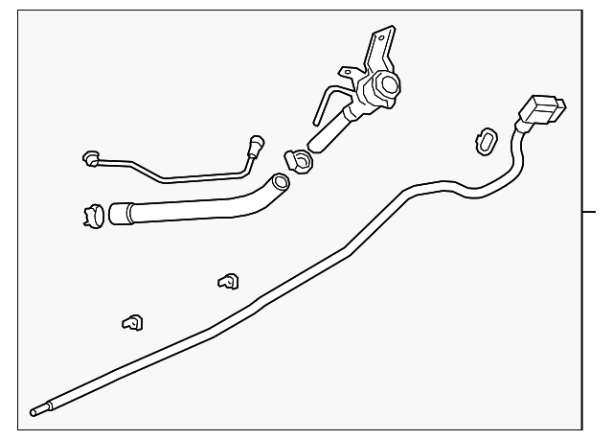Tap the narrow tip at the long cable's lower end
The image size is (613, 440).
coord(36,412)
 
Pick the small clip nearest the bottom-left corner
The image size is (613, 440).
coord(132,323)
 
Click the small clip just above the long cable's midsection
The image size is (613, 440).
coord(228,281)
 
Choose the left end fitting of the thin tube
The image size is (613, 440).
coord(93,157)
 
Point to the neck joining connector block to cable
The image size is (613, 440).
coord(524,127)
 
